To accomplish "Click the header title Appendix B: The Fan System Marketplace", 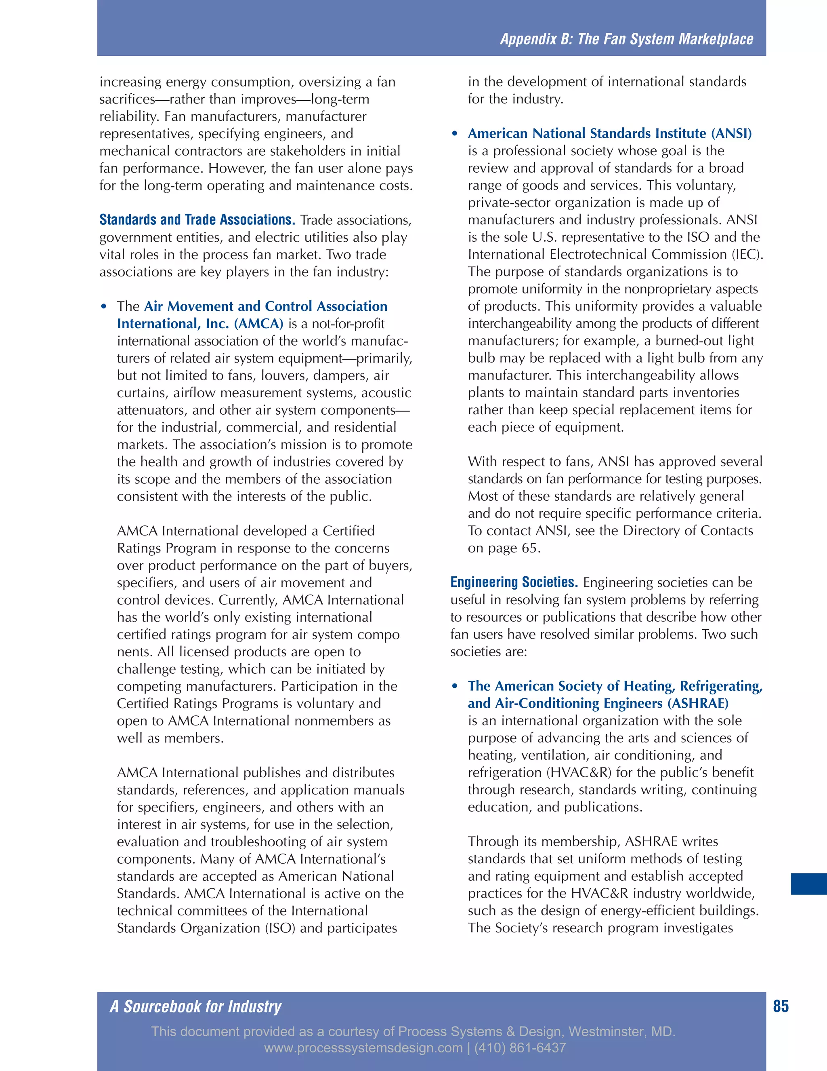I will point(626,39).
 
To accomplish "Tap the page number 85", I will point(781,1006).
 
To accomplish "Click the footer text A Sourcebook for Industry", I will point(195,1007).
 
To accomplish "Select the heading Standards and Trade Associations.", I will point(197,220).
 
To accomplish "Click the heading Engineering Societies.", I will point(514,582).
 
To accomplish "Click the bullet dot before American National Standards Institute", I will point(455,134).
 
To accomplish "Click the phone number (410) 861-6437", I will point(520,1048).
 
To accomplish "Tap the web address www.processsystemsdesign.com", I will point(363,1048).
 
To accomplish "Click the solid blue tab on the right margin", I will point(808,883).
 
